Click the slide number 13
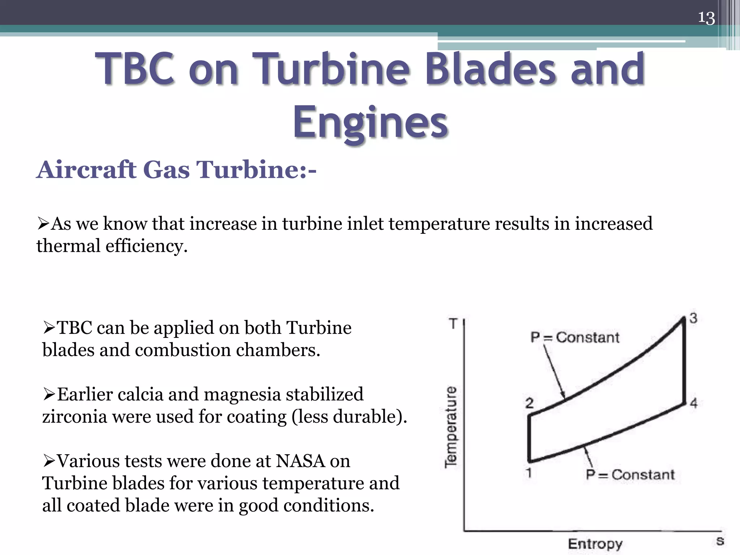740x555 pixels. pos(706,18)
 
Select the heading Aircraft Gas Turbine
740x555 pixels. pos(176,169)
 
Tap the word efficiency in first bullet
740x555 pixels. pos(146,246)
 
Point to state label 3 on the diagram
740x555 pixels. pos(693,318)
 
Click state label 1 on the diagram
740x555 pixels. pos(529,472)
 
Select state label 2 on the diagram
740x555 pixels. pos(529,403)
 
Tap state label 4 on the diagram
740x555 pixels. pos(693,403)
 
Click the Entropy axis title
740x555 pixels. pos(595,544)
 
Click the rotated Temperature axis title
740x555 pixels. pos(451,427)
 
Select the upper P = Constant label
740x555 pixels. pos(575,337)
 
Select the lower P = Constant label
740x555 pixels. pos(630,474)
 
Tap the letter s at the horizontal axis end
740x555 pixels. pos(720,541)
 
